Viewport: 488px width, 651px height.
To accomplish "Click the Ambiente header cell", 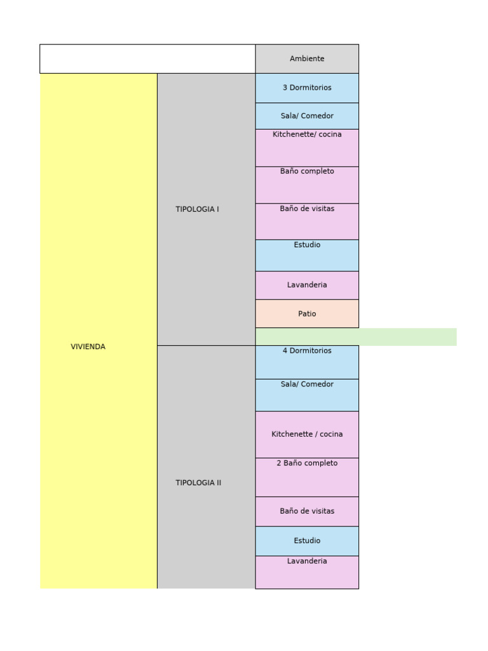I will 307,58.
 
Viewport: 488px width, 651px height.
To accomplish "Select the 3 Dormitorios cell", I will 307,88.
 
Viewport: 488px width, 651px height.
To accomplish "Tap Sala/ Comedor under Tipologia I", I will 307,116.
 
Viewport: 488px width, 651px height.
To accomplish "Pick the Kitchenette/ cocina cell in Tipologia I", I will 307,147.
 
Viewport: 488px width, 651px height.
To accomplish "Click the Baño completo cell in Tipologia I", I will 307,184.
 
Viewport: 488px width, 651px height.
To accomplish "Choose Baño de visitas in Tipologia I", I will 307,221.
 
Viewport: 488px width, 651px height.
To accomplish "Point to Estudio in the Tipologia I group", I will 307,255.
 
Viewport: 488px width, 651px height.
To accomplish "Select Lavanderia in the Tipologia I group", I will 307,285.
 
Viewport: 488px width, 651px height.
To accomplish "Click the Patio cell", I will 307,313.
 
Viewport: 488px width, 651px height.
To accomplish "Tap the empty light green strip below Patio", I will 356,337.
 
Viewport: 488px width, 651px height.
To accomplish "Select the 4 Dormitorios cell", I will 307,362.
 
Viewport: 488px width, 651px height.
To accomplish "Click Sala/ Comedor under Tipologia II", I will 307,395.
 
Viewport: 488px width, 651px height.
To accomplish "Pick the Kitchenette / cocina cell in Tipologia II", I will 307,434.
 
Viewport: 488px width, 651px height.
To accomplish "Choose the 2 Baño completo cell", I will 307,477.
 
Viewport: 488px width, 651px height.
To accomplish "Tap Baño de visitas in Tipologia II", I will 307,511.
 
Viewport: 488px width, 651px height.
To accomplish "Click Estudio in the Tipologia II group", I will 307,540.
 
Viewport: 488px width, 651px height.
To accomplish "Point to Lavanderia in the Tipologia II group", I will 307,572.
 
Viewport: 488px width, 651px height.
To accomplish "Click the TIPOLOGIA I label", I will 198,209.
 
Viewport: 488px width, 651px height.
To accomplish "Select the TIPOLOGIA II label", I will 198,483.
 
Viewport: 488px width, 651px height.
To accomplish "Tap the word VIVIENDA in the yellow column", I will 88,346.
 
